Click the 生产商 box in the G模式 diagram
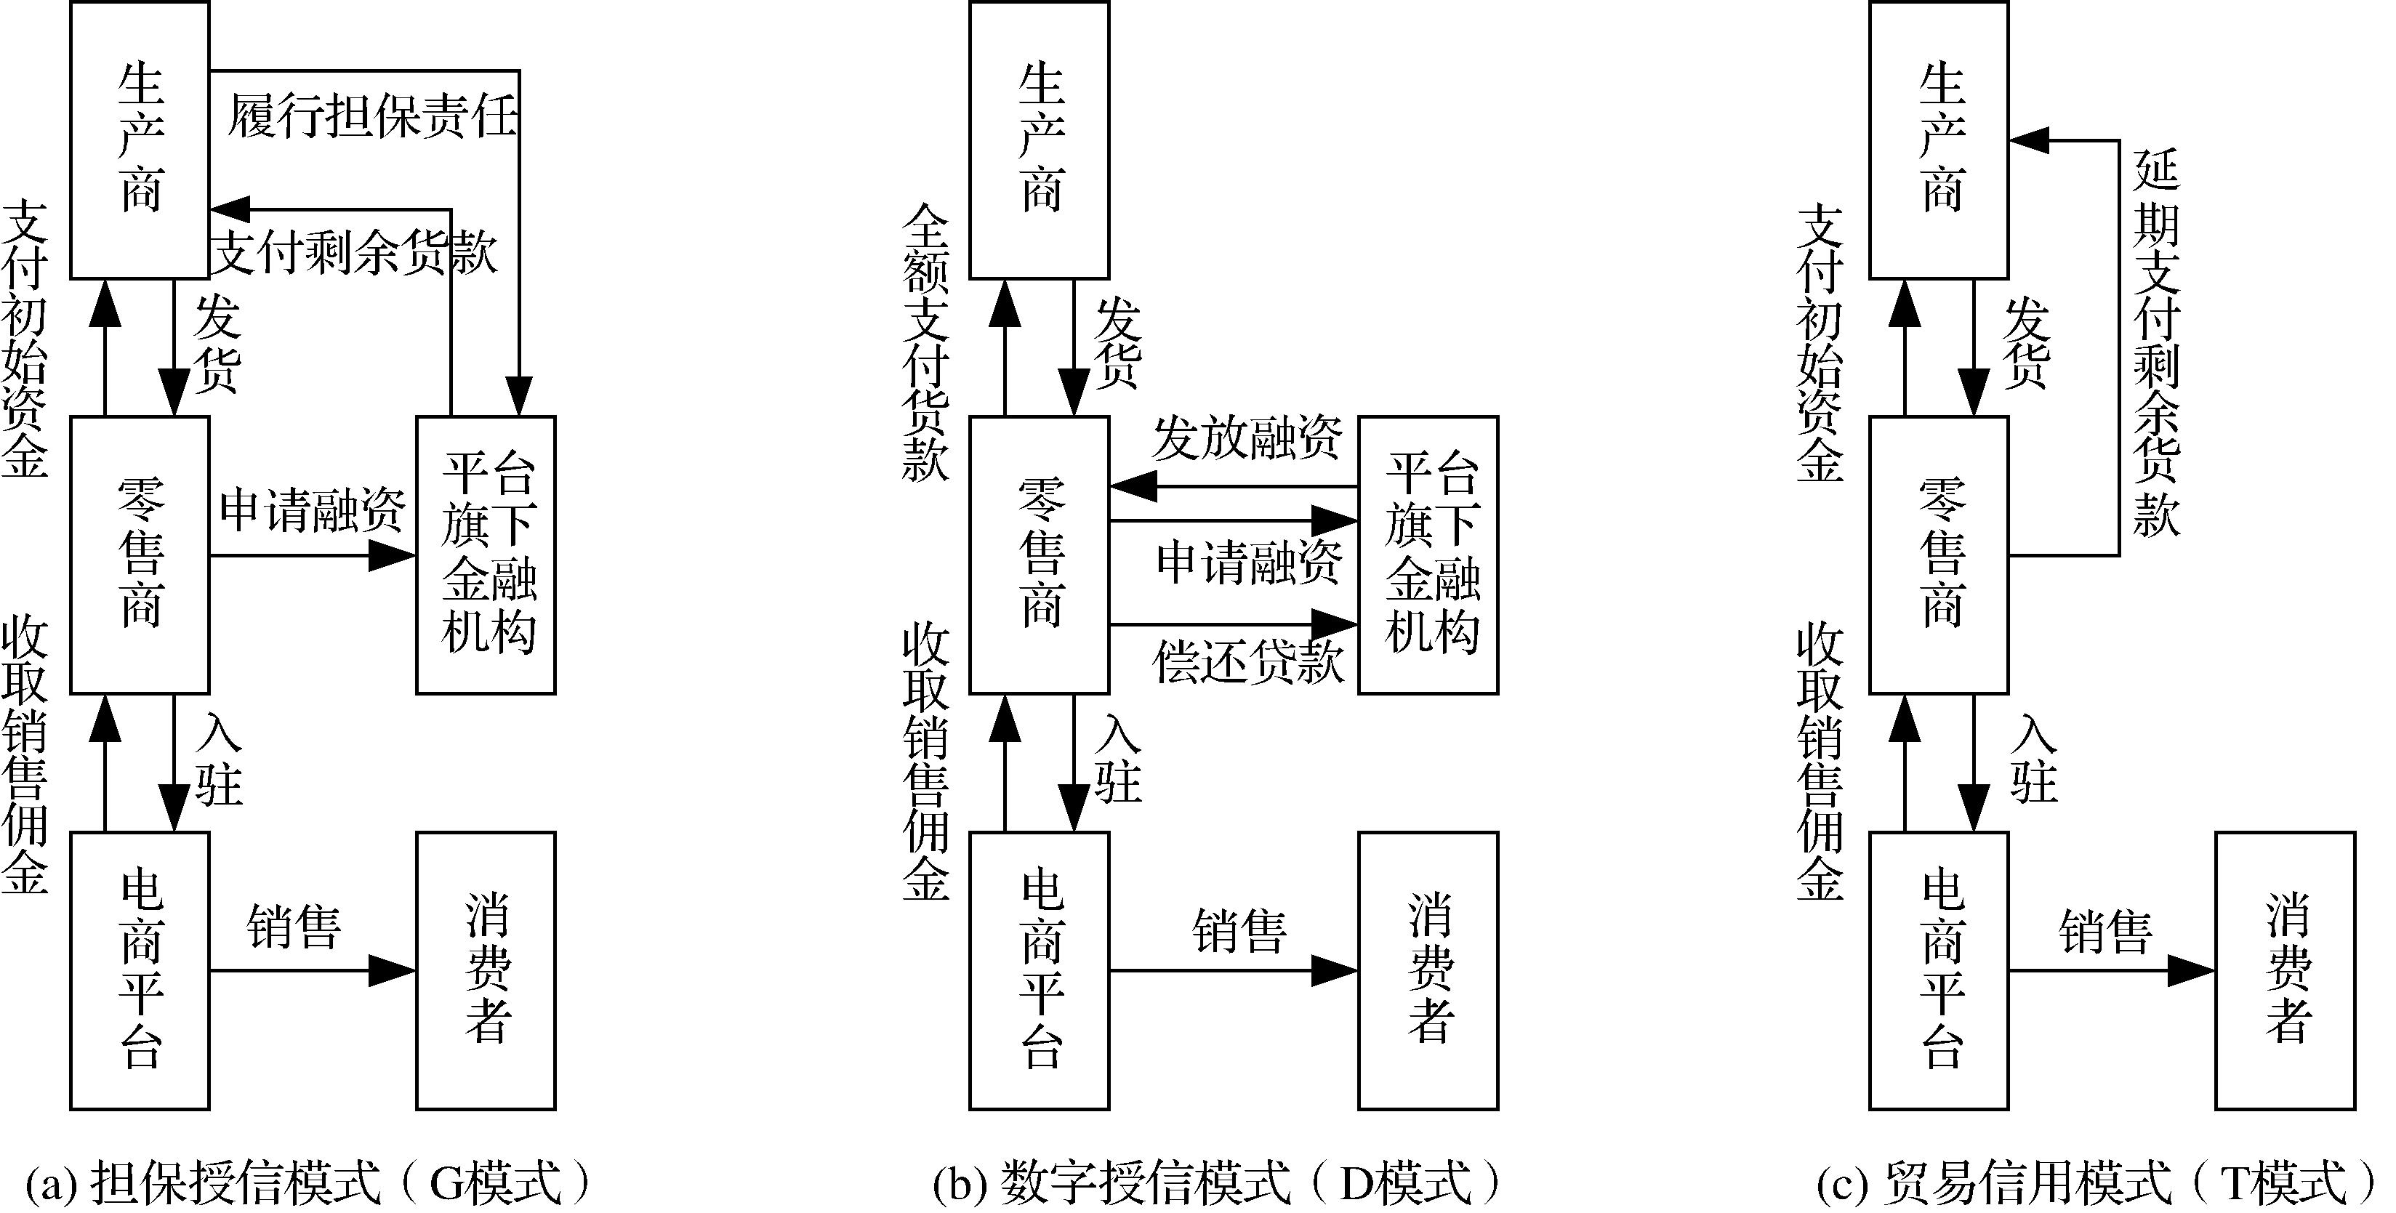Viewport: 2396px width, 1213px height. point(140,140)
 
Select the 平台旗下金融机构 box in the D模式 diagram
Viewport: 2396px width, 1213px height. point(1428,555)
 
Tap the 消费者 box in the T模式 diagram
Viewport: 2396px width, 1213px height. point(2286,970)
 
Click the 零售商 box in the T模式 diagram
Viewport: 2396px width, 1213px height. point(1939,555)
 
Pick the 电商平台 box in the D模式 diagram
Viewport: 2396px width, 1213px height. point(1039,970)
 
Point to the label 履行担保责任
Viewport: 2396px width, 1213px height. point(372,118)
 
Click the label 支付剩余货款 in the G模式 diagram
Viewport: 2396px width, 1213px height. point(355,253)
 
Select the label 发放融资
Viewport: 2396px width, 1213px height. point(1247,439)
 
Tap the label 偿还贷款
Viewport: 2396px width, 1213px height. point(1248,662)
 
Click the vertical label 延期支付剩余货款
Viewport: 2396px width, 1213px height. point(2156,344)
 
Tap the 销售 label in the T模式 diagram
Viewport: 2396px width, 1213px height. point(2106,931)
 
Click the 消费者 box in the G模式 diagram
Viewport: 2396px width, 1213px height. point(486,970)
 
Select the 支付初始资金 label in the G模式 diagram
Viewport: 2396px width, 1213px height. point(25,339)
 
